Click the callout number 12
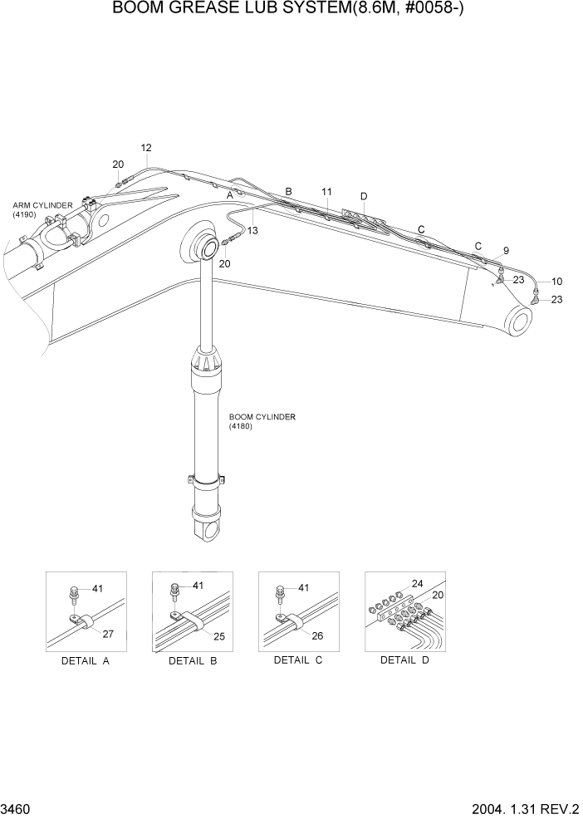tap(146, 148)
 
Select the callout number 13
tap(252, 230)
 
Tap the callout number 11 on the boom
tap(327, 192)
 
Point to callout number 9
tap(506, 250)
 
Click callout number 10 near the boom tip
tap(557, 282)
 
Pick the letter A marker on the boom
tap(231, 194)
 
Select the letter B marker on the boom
tap(288, 192)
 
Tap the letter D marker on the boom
tap(363, 196)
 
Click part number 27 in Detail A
tap(108, 634)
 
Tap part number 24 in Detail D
tap(417, 583)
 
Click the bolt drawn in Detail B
tap(174, 591)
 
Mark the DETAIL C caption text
tap(297, 660)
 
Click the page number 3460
tap(17, 808)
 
